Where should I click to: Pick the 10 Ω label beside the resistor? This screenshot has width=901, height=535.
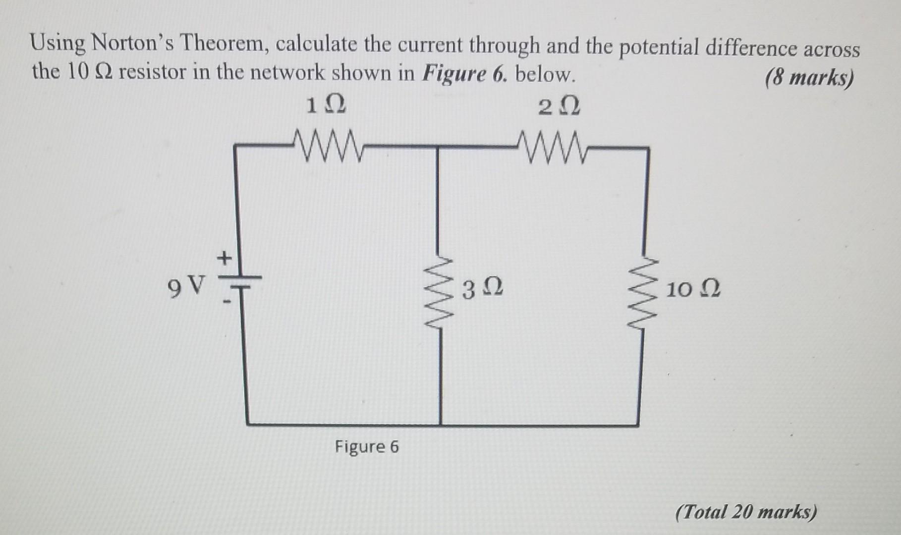(693, 289)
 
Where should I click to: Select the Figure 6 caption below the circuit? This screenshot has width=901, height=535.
(367, 447)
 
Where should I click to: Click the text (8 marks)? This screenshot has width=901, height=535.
(809, 78)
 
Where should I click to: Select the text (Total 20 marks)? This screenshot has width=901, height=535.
(746, 512)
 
